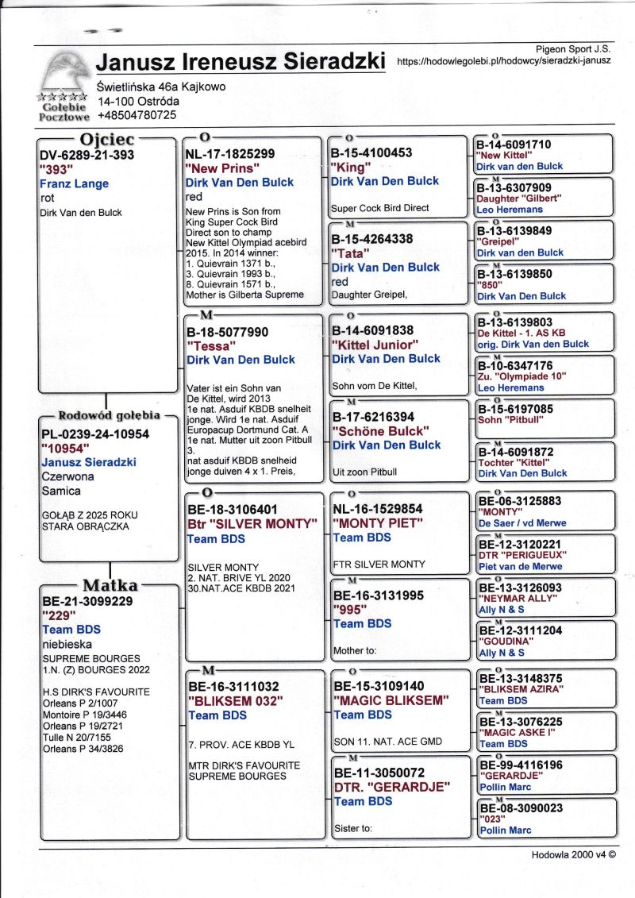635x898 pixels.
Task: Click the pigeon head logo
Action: coord(63,72)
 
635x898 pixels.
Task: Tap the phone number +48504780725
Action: coord(136,115)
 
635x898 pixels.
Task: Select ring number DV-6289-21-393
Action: coord(87,155)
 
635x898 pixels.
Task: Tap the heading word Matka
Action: coord(110,586)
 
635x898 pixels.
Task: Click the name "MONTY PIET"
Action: coord(381,523)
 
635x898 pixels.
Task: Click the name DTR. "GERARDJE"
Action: coord(392,787)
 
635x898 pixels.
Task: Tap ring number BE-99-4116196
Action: coord(531,765)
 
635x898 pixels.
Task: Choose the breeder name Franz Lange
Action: coord(74,183)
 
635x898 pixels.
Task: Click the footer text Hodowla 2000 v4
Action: coord(574,855)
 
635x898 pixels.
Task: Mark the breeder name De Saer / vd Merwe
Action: coord(520,524)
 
